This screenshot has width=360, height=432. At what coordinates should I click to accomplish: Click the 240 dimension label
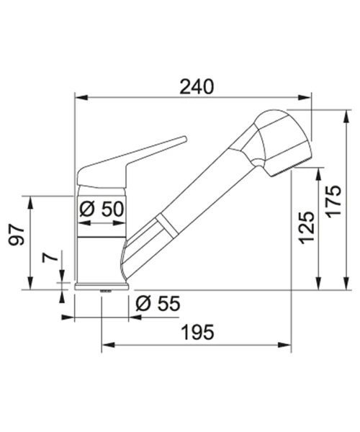pos(197,87)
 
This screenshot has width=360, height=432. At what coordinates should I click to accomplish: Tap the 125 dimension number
pos(307,228)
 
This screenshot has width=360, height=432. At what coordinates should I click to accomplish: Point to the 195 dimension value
pos(198,332)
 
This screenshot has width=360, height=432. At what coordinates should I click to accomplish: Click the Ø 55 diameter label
pos(158,304)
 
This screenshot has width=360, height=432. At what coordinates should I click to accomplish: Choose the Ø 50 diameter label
pos(102,209)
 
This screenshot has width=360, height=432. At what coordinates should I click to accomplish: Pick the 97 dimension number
pos(17,235)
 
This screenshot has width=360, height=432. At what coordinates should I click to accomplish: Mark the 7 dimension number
pos(50,258)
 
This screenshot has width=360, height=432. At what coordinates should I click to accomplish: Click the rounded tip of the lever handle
pos(184,139)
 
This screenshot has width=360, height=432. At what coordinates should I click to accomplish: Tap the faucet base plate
pos(102,287)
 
